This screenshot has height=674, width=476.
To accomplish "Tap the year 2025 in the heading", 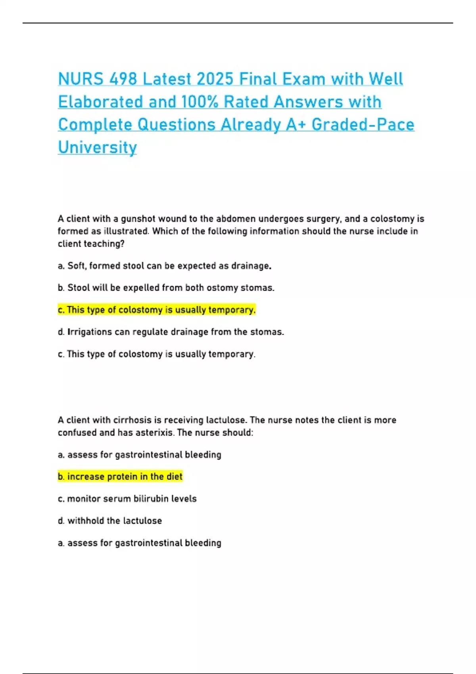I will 215,79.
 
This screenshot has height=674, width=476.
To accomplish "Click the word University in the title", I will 97,147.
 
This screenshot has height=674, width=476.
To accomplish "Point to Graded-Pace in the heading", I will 363,124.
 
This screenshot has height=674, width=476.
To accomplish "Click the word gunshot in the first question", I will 137,219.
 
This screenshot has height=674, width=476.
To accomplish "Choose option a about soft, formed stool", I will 165,266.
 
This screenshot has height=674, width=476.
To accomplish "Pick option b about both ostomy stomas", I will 166,288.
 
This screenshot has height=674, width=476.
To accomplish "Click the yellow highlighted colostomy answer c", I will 157,310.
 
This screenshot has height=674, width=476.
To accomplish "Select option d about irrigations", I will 171,332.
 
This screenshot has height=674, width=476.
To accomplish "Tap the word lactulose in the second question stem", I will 226,420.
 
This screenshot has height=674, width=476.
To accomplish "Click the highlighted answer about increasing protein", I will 120,477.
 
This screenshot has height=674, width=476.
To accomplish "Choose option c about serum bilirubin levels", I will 127,499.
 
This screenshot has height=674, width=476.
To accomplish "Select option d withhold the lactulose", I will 110,521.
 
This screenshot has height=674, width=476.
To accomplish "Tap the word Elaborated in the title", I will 101,102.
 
